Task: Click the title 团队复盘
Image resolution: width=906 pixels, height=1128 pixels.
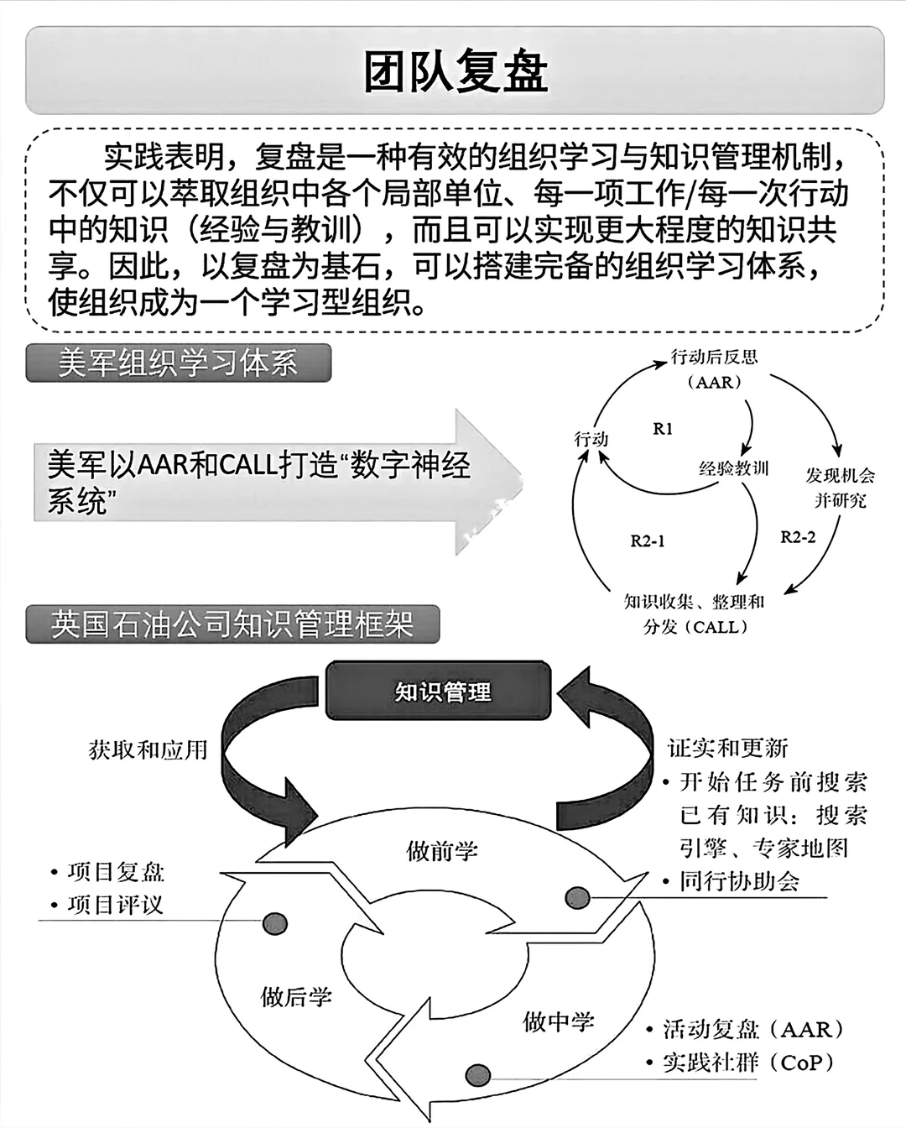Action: pyautogui.click(x=455, y=70)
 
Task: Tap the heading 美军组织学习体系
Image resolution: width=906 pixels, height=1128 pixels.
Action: pyautogui.click(x=178, y=363)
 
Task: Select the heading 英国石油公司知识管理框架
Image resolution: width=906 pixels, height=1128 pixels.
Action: pyautogui.click(x=232, y=624)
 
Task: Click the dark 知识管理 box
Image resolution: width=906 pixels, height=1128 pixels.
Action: pyautogui.click(x=442, y=692)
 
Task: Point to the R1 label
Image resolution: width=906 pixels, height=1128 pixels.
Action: pyautogui.click(x=663, y=429)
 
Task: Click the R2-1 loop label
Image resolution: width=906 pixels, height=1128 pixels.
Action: pyautogui.click(x=647, y=541)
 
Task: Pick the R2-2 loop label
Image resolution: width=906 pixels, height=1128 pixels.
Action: pyautogui.click(x=797, y=537)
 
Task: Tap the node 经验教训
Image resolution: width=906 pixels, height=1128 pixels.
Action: pyautogui.click(x=733, y=469)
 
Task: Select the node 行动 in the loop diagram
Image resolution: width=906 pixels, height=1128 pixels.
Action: pyautogui.click(x=591, y=439)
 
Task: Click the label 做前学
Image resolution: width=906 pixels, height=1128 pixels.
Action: pyautogui.click(x=442, y=851)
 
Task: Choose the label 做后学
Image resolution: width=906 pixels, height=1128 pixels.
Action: pyautogui.click(x=296, y=996)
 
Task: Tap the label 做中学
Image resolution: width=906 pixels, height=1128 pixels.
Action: pyautogui.click(x=559, y=1021)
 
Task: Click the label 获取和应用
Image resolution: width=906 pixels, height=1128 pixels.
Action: pyautogui.click(x=148, y=749)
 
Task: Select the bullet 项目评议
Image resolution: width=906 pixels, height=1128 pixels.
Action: pyautogui.click(x=115, y=905)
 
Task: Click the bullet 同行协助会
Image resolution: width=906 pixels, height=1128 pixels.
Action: pyautogui.click(x=739, y=881)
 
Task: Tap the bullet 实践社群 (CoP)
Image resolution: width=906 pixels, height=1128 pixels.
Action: pyautogui.click(x=748, y=1062)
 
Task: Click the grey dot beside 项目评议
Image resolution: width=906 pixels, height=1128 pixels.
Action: pyautogui.click(x=275, y=923)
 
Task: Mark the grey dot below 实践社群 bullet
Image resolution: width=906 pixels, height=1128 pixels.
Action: pyautogui.click(x=477, y=1075)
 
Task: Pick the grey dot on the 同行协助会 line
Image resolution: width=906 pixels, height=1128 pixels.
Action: pyautogui.click(x=576, y=897)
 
